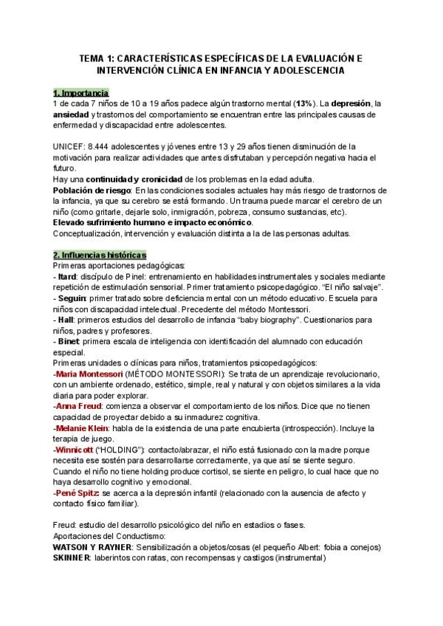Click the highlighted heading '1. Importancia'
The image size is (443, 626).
(80, 93)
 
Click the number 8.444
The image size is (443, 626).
(106, 147)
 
